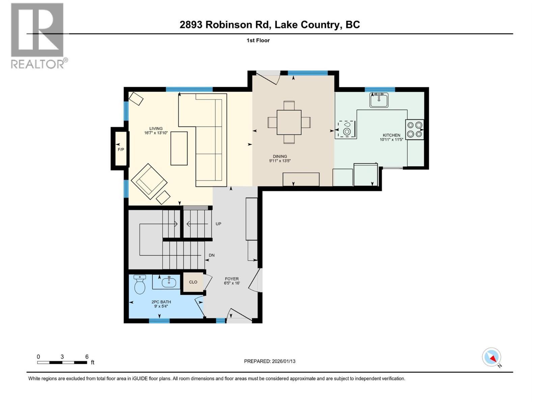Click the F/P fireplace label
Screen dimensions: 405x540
120,149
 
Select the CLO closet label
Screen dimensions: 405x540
193,282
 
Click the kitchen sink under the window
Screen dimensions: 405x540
379,100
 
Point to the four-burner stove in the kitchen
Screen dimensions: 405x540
414,130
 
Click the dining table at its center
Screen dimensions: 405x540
289,122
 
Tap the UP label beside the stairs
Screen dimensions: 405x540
218,224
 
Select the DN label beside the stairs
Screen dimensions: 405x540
212,255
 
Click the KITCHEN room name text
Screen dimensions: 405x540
391,135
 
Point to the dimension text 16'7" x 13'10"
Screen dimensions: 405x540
156,133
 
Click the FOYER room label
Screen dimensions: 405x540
232,279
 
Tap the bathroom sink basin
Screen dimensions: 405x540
168,282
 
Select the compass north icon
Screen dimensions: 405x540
492,357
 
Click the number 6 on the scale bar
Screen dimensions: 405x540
87,357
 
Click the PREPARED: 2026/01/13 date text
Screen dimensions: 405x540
270,361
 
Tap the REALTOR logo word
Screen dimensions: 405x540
38,64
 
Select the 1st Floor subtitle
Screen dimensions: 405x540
258,40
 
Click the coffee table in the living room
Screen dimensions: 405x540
179,148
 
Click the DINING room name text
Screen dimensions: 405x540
280,156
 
